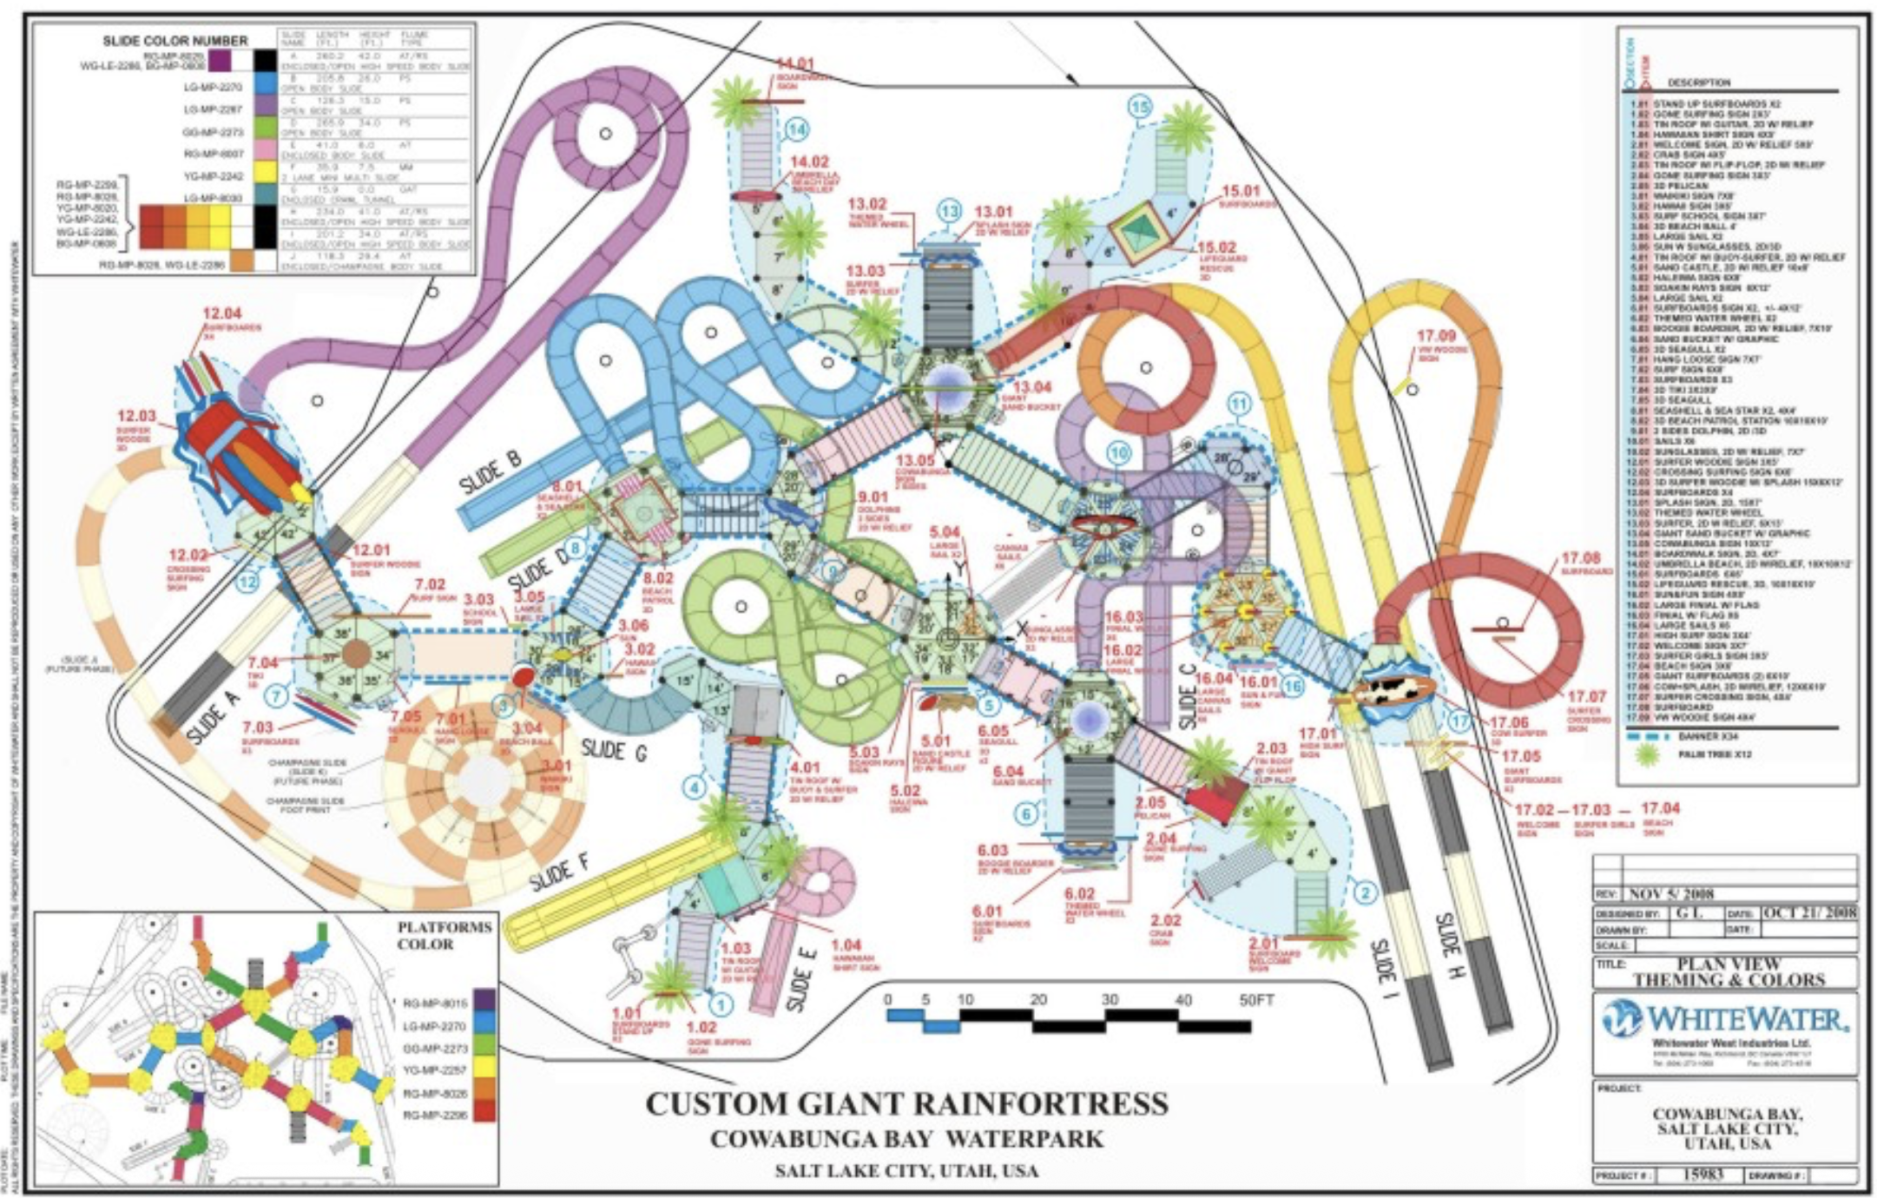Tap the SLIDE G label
pos(614,748)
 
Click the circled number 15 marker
pos(1139,107)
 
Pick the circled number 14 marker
pos(795,130)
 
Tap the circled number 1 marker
pos(720,1005)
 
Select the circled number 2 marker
pos(1365,892)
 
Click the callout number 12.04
pos(221,313)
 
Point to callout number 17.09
pos(1436,336)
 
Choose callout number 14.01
pos(794,63)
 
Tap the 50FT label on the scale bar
pos(1255,1000)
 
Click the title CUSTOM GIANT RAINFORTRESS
pos(906,1103)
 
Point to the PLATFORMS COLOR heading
pos(445,935)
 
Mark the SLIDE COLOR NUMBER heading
pos(175,41)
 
